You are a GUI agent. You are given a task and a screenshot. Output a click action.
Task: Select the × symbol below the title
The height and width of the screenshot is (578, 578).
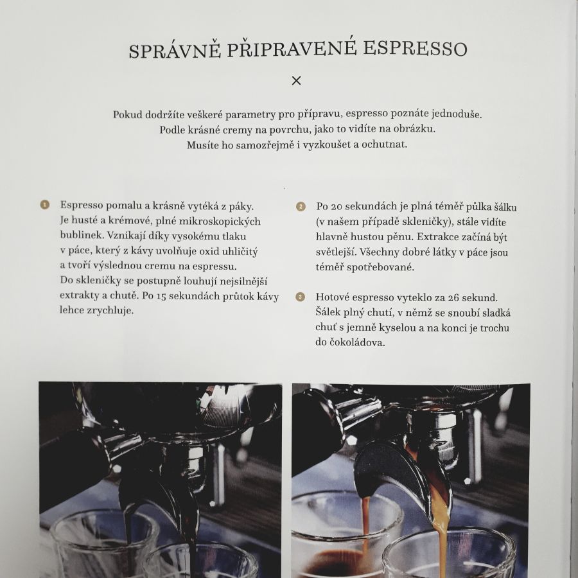(x=296, y=81)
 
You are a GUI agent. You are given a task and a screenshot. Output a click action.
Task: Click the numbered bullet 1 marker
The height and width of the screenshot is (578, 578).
(x=45, y=206)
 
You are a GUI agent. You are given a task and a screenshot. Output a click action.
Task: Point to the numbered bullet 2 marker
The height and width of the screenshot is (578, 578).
(x=301, y=207)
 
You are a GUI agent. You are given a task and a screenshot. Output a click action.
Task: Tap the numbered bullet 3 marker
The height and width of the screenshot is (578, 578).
(x=301, y=297)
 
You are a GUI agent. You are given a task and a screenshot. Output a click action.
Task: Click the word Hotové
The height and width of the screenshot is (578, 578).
(x=334, y=297)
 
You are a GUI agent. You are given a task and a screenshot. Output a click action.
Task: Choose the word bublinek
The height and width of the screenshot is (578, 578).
(x=80, y=235)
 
